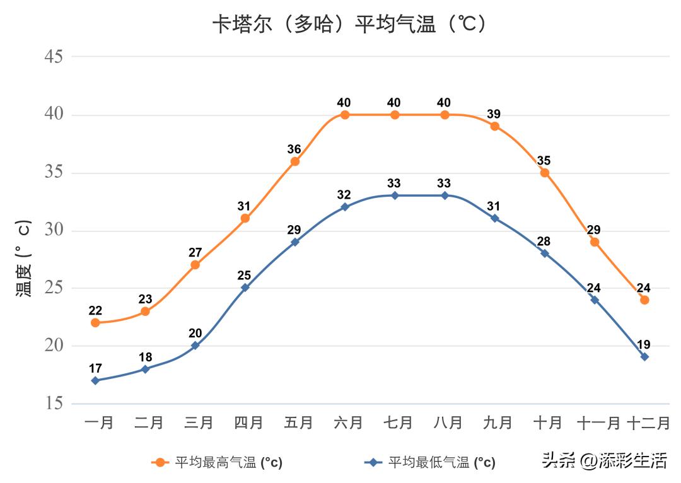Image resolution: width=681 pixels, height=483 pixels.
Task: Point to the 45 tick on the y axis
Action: click(54, 57)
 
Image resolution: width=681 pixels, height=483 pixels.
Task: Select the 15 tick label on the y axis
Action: click(54, 404)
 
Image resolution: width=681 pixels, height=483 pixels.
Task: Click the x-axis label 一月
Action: click(99, 422)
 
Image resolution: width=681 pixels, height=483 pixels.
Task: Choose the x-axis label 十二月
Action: click(648, 422)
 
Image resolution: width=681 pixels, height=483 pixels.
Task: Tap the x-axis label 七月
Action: click(398, 422)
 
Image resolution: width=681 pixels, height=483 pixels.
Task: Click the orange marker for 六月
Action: click(345, 115)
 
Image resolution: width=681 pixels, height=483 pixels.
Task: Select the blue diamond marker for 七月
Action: click(395, 195)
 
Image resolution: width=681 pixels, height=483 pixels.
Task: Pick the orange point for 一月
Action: click(95, 323)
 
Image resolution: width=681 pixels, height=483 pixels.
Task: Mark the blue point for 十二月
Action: click(644, 357)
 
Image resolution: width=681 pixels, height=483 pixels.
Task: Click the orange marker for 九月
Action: click(495, 126)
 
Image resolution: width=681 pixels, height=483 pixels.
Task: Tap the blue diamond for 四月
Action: click(245, 288)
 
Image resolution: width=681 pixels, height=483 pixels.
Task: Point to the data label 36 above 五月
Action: click(294, 149)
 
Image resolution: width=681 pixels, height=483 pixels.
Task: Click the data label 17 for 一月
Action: click(95, 368)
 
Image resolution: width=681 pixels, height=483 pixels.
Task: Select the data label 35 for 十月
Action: click(544, 161)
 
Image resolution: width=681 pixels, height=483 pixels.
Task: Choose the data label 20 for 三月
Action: click(195, 334)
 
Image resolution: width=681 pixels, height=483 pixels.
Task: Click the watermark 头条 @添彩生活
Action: click(604, 461)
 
